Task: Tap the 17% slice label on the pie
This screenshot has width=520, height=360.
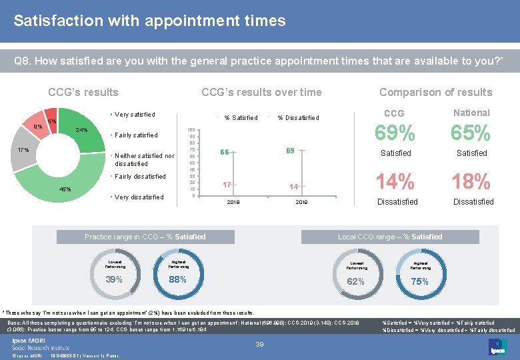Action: coord(23,150)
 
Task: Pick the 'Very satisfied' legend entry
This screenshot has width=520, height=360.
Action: coord(135,115)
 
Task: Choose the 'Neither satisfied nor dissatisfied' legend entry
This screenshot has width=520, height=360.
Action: coord(144,159)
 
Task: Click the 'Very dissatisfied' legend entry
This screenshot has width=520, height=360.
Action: coord(139,197)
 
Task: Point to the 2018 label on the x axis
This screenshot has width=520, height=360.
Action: coord(234,201)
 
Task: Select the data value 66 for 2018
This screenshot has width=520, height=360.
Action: coord(225,152)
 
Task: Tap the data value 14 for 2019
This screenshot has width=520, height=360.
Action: coord(293,187)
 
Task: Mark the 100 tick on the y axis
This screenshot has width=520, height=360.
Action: coord(191,130)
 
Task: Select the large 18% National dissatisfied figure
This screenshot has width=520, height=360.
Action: coord(471,181)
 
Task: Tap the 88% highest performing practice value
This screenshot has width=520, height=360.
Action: coord(177,279)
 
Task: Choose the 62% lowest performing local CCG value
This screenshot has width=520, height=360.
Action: coord(355,281)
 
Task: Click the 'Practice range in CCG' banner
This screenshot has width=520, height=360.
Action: coord(145,237)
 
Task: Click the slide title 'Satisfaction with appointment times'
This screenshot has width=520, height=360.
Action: coord(149,21)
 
